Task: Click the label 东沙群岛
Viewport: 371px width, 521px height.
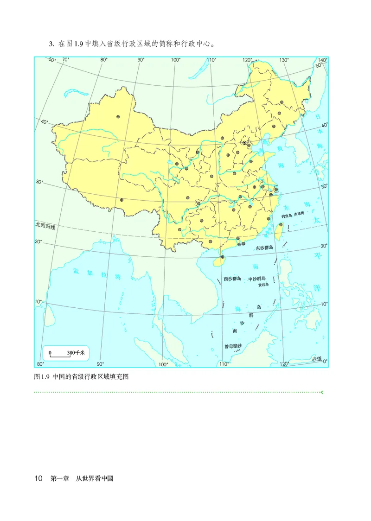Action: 265,248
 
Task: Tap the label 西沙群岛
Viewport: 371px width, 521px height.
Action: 232,279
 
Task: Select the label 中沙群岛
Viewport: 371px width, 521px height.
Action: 257,279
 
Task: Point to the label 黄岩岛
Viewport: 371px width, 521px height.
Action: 264,285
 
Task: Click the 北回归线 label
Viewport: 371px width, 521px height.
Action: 45,226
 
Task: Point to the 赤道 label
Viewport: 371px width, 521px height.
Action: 316,359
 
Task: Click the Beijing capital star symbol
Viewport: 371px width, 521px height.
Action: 244,143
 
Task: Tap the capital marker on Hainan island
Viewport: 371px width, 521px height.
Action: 222,257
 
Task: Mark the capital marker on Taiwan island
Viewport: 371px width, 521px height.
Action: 281,224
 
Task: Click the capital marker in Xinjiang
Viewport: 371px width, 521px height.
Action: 118,117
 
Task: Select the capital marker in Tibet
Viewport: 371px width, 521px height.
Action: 122,200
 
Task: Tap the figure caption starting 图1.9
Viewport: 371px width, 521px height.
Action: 81,376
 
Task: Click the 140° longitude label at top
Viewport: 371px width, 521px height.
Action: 323,60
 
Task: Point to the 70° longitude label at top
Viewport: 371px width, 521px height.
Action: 65,60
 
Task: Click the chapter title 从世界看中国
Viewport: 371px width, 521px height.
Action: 95,478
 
